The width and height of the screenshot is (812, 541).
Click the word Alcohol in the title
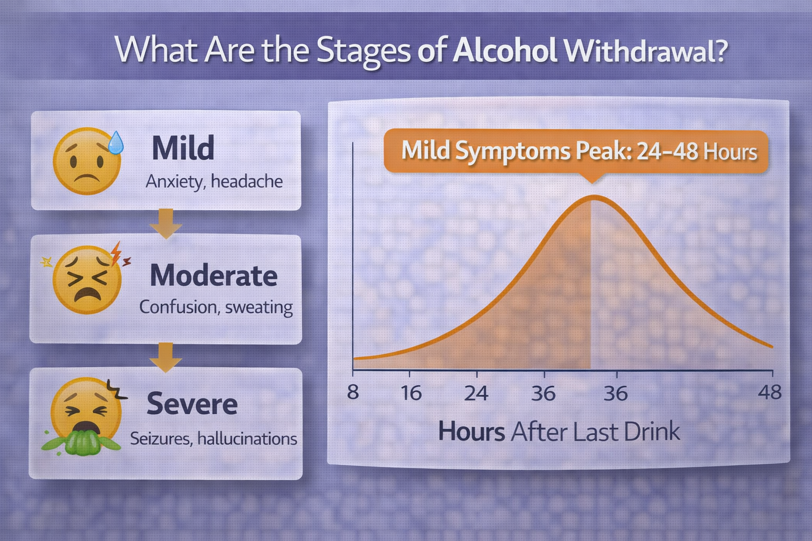[x=504, y=51]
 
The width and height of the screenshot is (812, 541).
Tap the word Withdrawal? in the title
[x=646, y=51]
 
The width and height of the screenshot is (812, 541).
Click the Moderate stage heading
[x=214, y=275]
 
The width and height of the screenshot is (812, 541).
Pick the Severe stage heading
[x=192, y=404]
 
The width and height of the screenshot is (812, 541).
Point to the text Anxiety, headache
[x=214, y=182]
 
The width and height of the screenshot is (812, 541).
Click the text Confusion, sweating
[x=216, y=307]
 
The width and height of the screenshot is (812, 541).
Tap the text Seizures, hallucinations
[x=214, y=439]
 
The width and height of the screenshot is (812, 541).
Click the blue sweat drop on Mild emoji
[x=115, y=142]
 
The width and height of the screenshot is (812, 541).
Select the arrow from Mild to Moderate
[x=165, y=223]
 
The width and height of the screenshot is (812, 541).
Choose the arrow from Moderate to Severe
[x=165, y=357]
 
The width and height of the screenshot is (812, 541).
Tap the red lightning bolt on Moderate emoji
[x=117, y=254]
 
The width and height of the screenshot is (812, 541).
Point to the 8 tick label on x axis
[x=353, y=393]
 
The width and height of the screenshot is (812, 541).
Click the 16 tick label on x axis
[x=411, y=393]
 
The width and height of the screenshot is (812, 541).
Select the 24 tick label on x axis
[x=476, y=393]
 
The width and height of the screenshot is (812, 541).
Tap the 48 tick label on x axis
[x=769, y=393]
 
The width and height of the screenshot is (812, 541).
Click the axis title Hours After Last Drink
[x=559, y=432]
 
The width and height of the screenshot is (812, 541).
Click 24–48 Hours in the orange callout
[x=697, y=152]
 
